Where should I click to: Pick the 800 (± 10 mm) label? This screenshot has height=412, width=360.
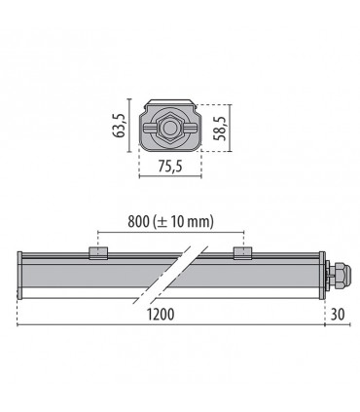168,222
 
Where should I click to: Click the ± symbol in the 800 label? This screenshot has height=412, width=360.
163,223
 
